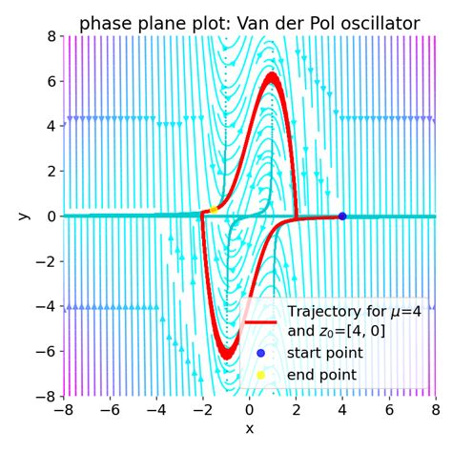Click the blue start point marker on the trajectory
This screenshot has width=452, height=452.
[x=342, y=216]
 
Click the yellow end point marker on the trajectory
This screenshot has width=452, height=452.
[x=214, y=209]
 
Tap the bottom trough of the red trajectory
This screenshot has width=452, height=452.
[x=227, y=356]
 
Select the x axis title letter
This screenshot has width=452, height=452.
[x=250, y=430]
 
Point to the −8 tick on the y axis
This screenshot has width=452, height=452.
[x=46, y=396]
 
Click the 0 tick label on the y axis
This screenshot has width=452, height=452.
[x=50, y=216]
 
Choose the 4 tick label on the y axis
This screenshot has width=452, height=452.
[x=50, y=126]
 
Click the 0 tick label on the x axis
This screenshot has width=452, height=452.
[x=250, y=411]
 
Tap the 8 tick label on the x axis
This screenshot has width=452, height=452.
[x=435, y=411]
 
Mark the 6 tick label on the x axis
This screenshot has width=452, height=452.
[x=389, y=411]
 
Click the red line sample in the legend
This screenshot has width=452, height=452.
[x=260, y=321]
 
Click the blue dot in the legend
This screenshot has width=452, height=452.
[x=260, y=353]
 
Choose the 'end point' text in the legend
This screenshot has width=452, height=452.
[x=321, y=375]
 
